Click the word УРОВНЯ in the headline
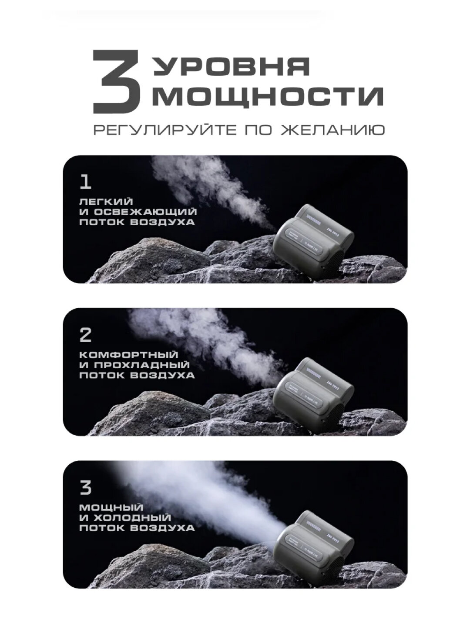tap(232, 67)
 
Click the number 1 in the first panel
tap(86, 181)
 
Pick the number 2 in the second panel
tap(86, 335)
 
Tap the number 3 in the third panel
tap(86, 488)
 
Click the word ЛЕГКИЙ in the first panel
tap(106, 202)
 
